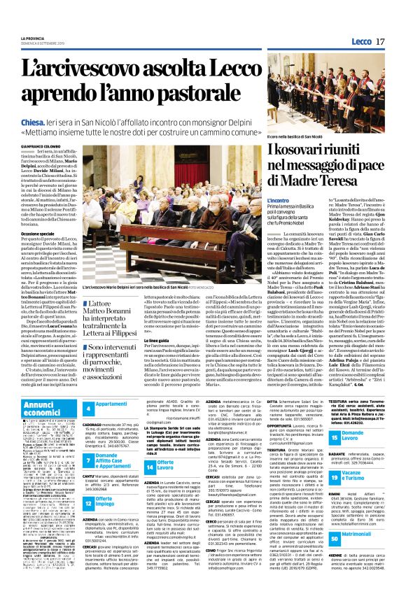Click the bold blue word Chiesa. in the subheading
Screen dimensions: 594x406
coord(43,120)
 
